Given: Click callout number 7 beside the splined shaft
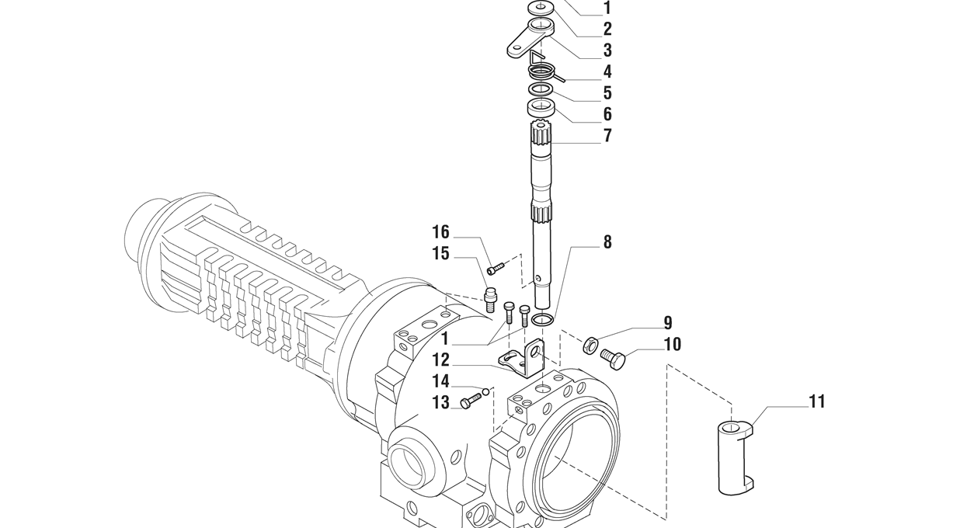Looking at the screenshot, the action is click(607, 135).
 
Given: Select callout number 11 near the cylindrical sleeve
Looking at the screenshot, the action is click(817, 401).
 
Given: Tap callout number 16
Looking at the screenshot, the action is click(440, 232).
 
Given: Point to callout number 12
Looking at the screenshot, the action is click(440, 360).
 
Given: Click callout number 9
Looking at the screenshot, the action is click(668, 323).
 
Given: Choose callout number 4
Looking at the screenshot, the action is click(607, 71).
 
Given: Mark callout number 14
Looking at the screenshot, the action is click(440, 381).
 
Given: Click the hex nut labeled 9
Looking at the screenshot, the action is click(590, 345).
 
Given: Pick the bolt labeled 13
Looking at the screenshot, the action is click(471, 401).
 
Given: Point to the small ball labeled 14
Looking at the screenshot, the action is click(485, 391).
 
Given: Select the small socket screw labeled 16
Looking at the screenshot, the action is click(496, 269).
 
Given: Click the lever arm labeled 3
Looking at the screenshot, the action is click(530, 39).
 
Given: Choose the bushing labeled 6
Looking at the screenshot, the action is click(541, 108).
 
